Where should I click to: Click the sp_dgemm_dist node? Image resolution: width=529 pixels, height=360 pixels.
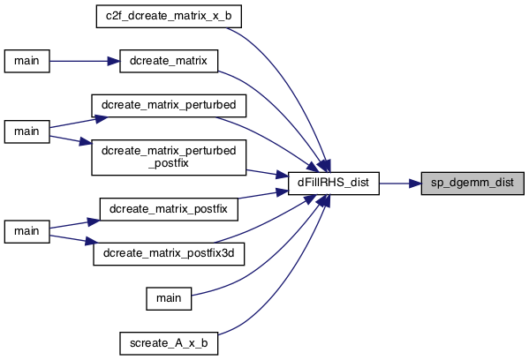[472, 184]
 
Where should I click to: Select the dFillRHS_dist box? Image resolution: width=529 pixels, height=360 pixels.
[333, 184]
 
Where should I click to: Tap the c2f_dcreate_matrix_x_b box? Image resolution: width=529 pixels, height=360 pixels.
[169, 16]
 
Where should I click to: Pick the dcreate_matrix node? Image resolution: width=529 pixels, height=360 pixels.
[169, 61]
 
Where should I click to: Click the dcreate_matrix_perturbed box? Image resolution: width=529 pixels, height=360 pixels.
[169, 106]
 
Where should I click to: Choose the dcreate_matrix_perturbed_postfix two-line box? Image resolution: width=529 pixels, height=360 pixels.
[169, 157]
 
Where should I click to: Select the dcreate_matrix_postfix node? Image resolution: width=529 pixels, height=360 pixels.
[169, 209]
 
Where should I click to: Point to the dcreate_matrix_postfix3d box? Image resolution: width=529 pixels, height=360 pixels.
[169, 253]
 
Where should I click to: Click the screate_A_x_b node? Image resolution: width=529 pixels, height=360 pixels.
[169, 343]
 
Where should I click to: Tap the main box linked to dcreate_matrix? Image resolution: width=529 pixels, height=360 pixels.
[27, 61]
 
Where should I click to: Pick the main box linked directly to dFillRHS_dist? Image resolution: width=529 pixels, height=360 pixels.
[169, 298]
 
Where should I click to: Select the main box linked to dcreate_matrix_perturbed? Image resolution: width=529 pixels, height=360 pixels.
[27, 131]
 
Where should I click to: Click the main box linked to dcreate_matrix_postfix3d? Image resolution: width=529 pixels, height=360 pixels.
[27, 231]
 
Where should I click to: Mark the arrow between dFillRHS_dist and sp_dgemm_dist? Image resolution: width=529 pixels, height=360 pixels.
[400, 184]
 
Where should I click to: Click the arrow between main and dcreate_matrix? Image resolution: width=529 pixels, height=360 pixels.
[85, 61]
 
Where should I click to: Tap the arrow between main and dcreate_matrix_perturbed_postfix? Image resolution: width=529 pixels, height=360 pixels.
[71, 140]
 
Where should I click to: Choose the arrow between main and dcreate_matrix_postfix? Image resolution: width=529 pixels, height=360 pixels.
[74, 224]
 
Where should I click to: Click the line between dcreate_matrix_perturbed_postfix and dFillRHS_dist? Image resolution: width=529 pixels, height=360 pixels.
[268, 173]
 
